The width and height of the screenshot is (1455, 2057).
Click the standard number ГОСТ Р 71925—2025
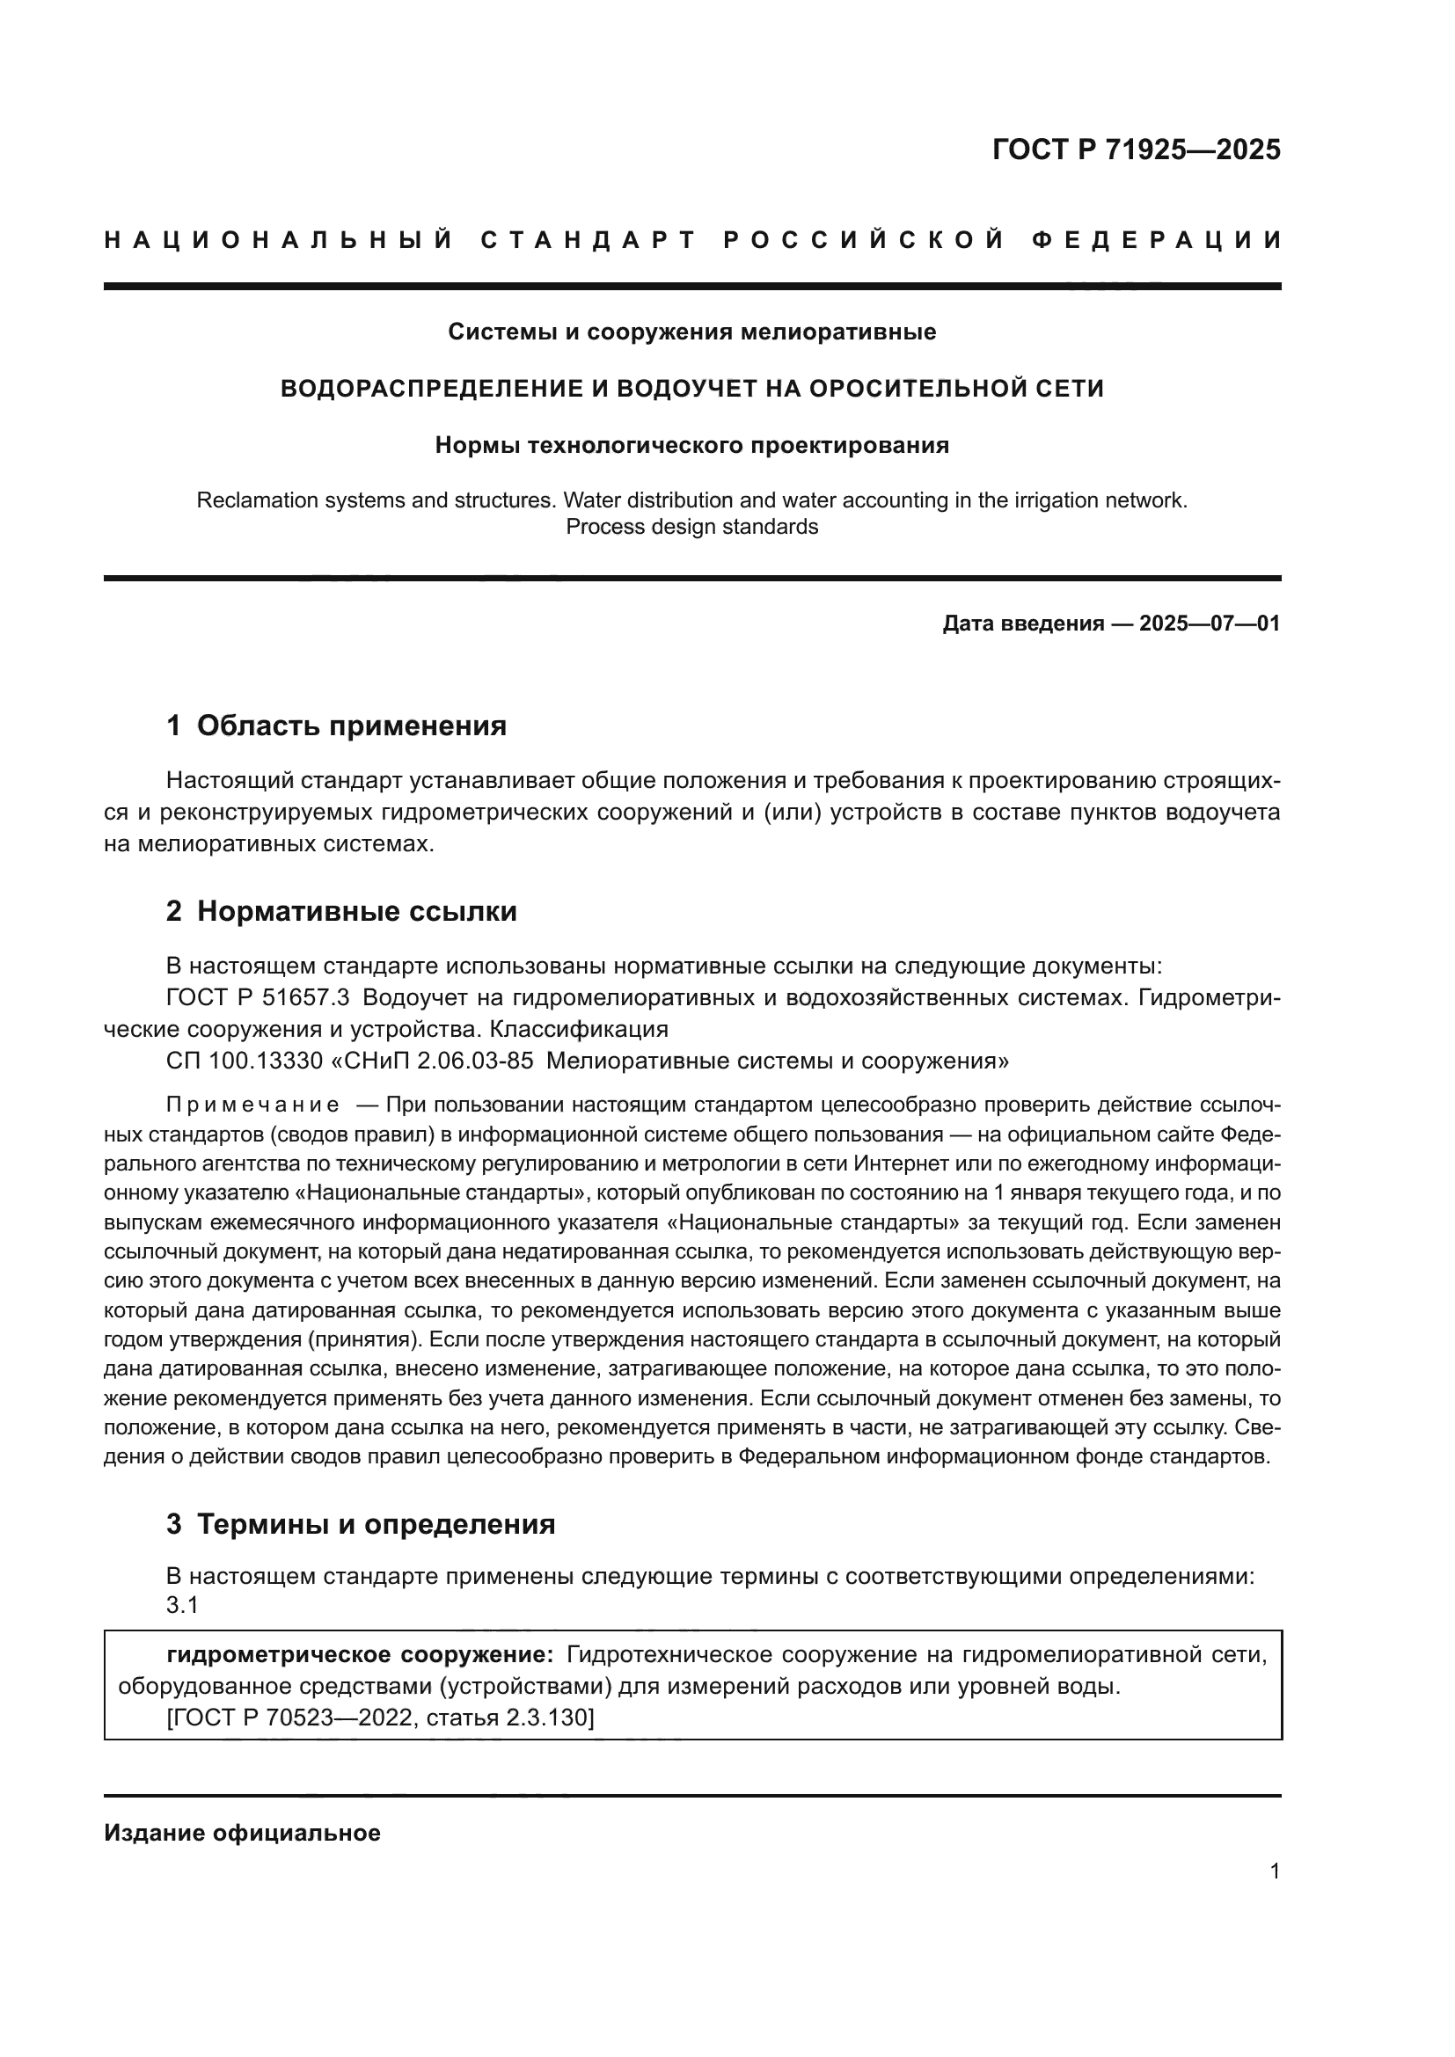click(x=1136, y=150)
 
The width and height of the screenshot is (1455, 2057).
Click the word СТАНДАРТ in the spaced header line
click(x=589, y=240)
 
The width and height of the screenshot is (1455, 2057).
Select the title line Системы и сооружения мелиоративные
click(x=691, y=332)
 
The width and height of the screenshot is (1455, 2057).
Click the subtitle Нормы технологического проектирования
click(x=691, y=445)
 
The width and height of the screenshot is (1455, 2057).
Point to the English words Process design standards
click(x=691, y=527)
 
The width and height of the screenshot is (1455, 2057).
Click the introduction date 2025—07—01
click(x=1210, y=624)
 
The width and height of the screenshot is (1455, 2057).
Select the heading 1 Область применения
click(x=336, y=726)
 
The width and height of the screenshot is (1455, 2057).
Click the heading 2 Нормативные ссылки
click(x=341, y=911)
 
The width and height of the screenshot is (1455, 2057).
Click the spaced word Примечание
click(x=252, y=1105)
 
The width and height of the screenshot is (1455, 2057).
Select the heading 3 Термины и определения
click(x=360, y=1524)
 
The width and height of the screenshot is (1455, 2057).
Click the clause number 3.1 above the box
click(x=182, y=1606)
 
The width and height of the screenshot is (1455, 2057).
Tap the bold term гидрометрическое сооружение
click(x=360, y=1655)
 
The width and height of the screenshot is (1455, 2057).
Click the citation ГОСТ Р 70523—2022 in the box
click(x=293, y=1718)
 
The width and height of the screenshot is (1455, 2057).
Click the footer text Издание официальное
click(x=242, y=1833)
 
